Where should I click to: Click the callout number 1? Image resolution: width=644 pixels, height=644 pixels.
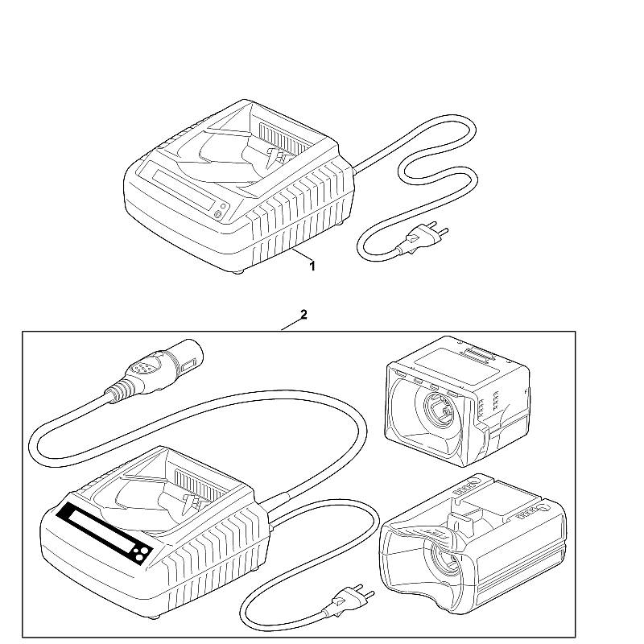[312, 266]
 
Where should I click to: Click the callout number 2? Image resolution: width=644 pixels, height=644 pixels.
[303, 315]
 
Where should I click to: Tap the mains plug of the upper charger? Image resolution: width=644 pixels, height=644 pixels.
[424, 236]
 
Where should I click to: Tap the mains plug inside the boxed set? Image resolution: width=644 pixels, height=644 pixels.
[350, 600]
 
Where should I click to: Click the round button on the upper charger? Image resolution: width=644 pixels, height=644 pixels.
[218, 214]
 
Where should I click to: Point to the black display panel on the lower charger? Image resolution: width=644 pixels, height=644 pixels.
[105, 532]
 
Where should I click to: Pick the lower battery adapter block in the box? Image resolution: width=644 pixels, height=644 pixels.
[473, 544]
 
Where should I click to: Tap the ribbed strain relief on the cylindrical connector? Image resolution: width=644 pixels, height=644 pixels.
[119, 390]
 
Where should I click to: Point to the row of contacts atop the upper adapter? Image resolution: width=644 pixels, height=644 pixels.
[477, 354]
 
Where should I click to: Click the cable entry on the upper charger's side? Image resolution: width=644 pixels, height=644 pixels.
[354, 169]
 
